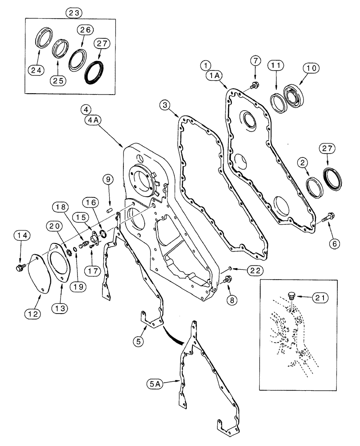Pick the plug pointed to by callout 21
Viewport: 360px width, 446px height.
(x=292, y=295)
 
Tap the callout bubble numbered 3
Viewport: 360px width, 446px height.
(x=165, y=105)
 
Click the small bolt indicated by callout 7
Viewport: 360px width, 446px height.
(x=256, y=85)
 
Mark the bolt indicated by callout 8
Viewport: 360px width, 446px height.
(x=228, y=280)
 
